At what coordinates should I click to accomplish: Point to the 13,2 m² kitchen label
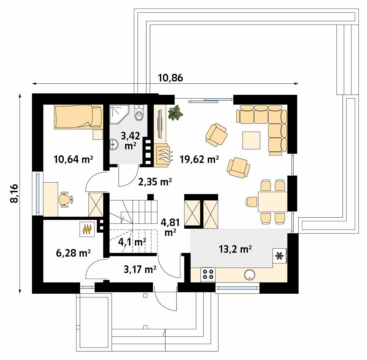click(235, 249)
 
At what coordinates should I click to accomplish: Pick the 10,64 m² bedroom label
click(73, 159)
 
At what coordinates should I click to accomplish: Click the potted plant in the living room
click(175, 113)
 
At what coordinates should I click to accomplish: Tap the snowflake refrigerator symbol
click(279, 256)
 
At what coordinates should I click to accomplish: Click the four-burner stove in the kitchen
click(208, 275)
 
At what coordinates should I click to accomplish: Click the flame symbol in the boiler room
click(87, 229)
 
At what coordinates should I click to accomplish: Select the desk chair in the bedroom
click(65, 199)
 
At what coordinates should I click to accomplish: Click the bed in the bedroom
click(78, 117)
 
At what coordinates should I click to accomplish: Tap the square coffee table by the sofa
click(251, 140)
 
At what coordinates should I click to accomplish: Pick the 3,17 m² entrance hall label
click(140, 270)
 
